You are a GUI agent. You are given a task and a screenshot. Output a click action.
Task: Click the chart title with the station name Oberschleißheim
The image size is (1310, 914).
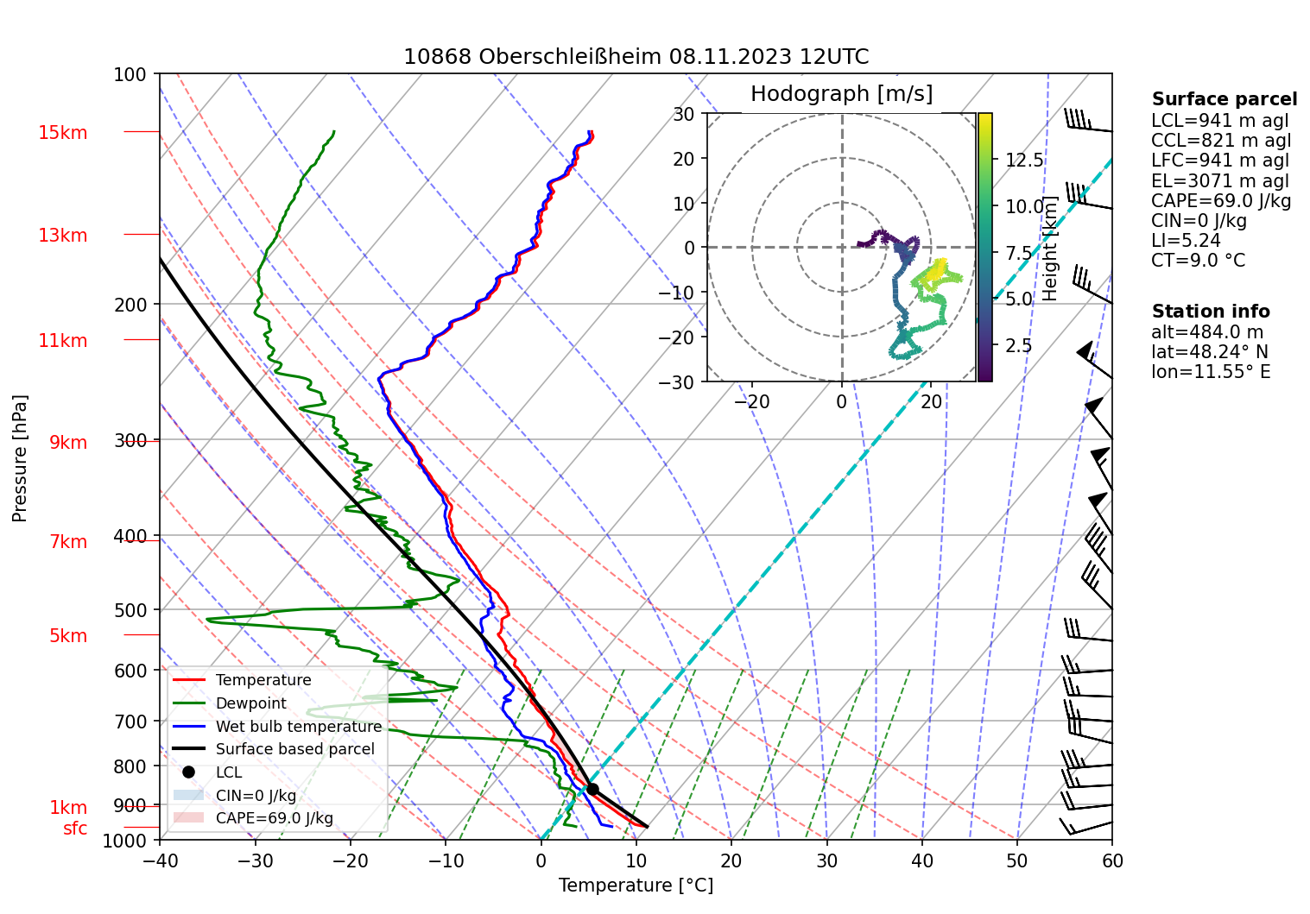636,57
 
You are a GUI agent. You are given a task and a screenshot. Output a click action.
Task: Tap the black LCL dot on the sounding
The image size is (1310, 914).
592,789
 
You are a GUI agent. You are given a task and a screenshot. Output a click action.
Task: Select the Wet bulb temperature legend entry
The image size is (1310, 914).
298,727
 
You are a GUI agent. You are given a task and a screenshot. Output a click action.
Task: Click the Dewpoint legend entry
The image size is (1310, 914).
250,703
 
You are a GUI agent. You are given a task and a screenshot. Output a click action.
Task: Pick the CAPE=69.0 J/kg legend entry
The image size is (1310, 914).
274,818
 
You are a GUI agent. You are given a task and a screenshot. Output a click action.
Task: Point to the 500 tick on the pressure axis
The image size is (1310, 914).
131,610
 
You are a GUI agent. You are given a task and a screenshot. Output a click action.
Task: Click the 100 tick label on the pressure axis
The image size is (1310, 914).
130,75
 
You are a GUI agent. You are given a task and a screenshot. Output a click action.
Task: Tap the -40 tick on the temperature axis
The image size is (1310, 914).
160,860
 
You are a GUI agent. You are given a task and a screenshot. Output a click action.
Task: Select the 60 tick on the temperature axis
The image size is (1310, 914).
1112,860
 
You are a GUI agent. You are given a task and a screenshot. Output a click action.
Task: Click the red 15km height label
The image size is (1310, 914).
62,133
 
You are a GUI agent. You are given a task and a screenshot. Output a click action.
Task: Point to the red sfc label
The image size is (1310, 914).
75,829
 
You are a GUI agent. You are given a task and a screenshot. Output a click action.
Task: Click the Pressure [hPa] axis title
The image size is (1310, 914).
20,458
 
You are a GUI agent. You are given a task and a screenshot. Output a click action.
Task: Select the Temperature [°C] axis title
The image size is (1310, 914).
636,886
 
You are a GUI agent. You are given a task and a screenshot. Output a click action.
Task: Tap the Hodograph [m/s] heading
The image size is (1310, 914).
841,94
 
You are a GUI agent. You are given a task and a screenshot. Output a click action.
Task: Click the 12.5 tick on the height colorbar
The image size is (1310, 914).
1024,161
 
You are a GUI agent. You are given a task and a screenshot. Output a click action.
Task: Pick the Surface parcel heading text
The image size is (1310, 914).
1224,99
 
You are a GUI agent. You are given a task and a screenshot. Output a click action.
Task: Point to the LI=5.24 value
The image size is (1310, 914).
1186,241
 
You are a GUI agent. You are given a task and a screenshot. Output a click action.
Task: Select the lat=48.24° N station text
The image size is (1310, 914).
1210,352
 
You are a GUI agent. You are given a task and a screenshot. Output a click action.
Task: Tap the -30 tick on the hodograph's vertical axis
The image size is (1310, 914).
681,382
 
